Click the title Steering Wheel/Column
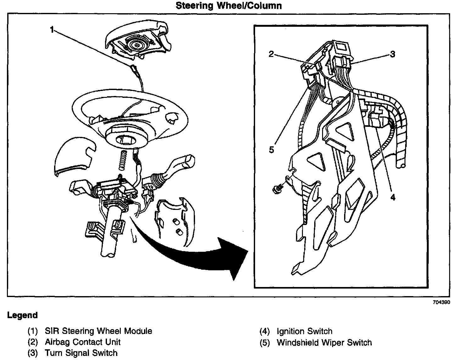[x=228, y=6]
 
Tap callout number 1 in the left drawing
[x=53, y=30]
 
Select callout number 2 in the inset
[x=271, y=54]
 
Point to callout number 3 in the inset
[x=392, y=54]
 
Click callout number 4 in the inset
[x=393, y=197]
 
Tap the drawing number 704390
[x=441, y=302]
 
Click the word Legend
[x=22, y=315]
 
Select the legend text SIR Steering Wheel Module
[x=98, y=331]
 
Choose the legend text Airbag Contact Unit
[x=83, y=342]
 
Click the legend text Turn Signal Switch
[x=81, y=353]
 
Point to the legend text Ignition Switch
[x=304, y=331]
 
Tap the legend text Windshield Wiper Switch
[x=324, y=342]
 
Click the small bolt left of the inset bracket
[x=277, y=189]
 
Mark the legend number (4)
[x=265, y=331]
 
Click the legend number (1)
[x=32, y=331]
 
